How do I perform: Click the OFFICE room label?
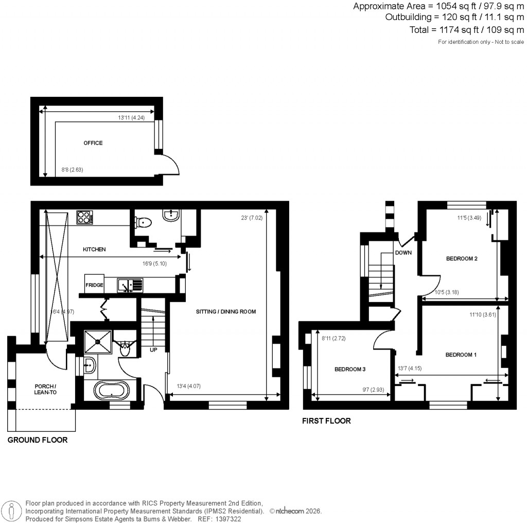(93, 143)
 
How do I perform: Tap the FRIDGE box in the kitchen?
(95, 285)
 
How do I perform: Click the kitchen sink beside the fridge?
(130, 285)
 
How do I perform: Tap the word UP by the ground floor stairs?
(153, 350)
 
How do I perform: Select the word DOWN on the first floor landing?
(403, 253)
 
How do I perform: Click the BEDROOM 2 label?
(462, 258)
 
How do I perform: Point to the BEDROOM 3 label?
(350, 370)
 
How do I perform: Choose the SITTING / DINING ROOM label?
(225, 311)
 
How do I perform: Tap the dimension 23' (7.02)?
(248, 218)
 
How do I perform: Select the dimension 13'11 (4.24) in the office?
(131, 118)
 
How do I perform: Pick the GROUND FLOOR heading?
(37, 440)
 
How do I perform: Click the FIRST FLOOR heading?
(327, 421)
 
